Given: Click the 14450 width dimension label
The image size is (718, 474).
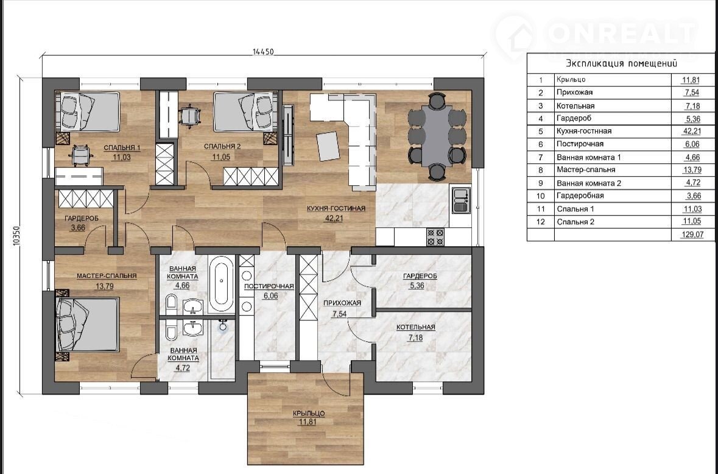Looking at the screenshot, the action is click(x=263, y=52).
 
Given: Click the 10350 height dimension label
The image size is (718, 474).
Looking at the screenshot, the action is click(x=17, y=236).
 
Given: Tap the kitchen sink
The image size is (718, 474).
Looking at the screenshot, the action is click(x=460, y=200).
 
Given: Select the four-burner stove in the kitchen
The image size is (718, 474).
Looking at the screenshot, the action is click(x=435, y=237).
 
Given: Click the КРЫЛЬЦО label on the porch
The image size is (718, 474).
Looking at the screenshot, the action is click(x=309, y=413).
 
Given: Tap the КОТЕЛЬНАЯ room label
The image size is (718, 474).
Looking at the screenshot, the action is click(x=416, y=327).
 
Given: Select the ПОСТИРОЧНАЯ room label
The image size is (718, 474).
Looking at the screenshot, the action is click(x=269, y=286).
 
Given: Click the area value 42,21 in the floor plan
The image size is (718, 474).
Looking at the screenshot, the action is click(x=334, y=219).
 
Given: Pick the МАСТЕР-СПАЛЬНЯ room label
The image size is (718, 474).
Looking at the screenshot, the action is click(x=107, y=276).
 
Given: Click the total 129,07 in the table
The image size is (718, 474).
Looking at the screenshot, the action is click(x=692, y=235).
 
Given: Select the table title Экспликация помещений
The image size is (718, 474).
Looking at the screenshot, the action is click(x=621, y=63).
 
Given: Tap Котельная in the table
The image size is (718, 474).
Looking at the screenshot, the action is click(x=575, y=106).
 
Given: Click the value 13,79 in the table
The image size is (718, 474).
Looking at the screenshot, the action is click(x=691, y=170).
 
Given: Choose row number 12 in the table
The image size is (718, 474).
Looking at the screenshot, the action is click(x=540, y=222).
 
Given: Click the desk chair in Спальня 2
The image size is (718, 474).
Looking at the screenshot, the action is click(x=189, y=115).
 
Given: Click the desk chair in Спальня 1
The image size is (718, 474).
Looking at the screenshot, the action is click(x=80, y=154).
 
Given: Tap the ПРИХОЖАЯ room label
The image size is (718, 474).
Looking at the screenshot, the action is click(x=342, y=303).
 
